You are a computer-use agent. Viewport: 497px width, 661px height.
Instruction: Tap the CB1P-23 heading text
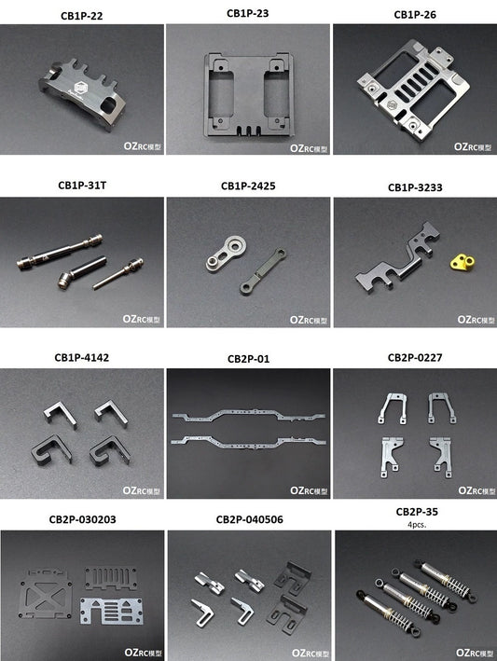[248, 13]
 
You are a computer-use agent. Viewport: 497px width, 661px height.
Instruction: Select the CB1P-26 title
[415, 14]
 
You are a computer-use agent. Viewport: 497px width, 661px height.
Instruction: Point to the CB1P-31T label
[82, 186]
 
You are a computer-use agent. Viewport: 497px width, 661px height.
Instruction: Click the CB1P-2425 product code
[248, 186]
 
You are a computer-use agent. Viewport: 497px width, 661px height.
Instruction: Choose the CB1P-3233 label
[415, 187]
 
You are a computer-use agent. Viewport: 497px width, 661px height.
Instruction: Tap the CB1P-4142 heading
[81, 357]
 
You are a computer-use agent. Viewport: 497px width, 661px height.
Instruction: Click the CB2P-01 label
[248, 357]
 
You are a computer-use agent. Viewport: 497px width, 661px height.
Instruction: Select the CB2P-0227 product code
[415, 357]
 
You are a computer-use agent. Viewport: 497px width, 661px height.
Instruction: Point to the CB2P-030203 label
[81, 520]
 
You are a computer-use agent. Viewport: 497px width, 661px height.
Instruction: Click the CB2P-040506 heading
[248, 520]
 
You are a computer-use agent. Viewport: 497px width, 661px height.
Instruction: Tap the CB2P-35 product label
[417, 512]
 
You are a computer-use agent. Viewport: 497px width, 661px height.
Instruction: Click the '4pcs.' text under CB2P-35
[417, 524]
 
